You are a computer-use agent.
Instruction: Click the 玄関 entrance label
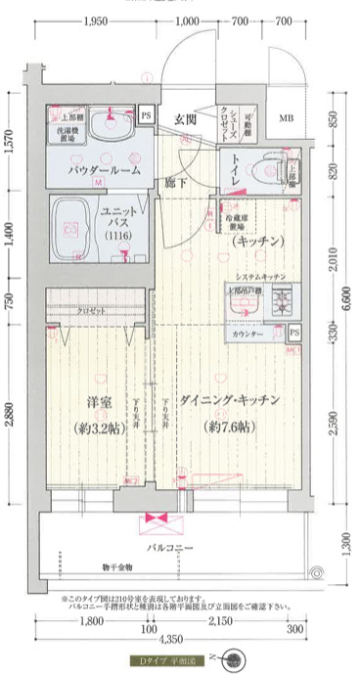[x=186, y=120]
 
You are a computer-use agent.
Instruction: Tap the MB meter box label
[x=287, y=119]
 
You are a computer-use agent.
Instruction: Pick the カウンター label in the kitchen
[x=247, y=336]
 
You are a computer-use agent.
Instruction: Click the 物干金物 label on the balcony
[x=118, y=566]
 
